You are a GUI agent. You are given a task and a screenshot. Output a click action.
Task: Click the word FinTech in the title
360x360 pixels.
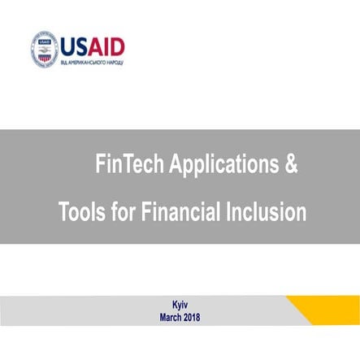[126, 166]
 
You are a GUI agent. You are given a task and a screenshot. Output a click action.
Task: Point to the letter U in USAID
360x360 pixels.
[68, 43]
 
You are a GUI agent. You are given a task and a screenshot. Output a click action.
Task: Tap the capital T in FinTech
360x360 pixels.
[124, 166]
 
